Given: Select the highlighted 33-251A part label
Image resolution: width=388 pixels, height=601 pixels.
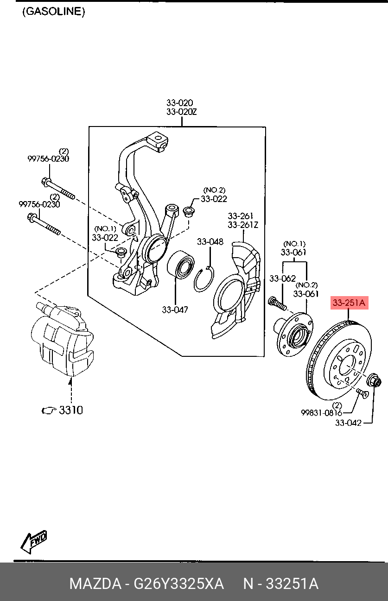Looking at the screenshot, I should pyautogui.click(x=349, y=304).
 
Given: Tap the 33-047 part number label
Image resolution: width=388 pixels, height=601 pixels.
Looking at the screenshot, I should pyautogui.click(x=175, y=310).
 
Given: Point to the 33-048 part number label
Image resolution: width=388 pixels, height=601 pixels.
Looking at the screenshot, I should pyautogui.click(x=210, y=241).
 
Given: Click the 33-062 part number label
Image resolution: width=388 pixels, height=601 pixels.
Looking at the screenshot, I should pyautogui.click(x=282, y=278).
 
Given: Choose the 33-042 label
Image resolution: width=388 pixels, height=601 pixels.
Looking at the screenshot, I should pyautogui.click(x=349, y=423).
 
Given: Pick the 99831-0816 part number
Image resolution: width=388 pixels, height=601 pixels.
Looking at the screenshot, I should pyautogui.click(x=321, y=413).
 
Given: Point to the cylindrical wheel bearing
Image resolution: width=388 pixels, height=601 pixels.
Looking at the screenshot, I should pyautogui.click(x=181, y=266).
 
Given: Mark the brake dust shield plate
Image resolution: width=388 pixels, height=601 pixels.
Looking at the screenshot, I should pyautogui.click(x=236, y=292).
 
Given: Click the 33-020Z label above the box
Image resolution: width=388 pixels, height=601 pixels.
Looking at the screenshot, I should pyautogui.click(x=182, y=111).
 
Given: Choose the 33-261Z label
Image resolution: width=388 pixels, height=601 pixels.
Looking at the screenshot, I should pyautogui.click(x=242, y=225).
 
